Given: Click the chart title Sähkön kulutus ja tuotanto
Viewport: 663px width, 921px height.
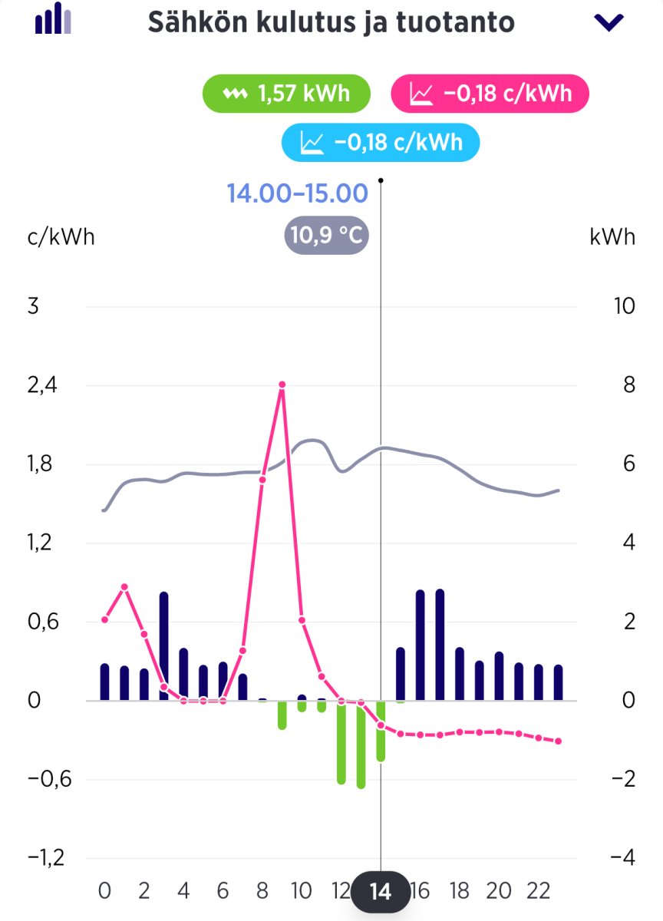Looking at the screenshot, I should coord(331,21).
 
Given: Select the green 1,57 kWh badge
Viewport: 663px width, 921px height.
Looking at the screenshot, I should coord(286,94).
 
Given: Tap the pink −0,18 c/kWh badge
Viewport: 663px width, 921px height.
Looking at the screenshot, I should coord(490,94).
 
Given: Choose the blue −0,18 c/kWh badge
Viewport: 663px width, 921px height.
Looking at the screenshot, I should coord(381,142).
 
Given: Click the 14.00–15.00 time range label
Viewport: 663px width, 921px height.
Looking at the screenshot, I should coord(297,193).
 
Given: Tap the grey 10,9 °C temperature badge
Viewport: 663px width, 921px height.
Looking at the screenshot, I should coord(326,236).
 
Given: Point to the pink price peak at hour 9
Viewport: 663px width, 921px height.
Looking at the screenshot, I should coord(282,385).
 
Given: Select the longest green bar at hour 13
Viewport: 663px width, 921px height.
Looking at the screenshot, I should coord(361,744).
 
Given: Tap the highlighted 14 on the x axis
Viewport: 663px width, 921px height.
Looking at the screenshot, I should coord(381,892).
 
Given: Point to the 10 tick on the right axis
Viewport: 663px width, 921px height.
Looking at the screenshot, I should coord(625,306).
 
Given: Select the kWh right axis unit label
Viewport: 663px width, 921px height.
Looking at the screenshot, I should coord(612,236).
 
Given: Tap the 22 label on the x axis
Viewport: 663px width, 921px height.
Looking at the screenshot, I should coord(538,891).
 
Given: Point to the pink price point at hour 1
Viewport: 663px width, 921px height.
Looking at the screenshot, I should coord(124,587).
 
